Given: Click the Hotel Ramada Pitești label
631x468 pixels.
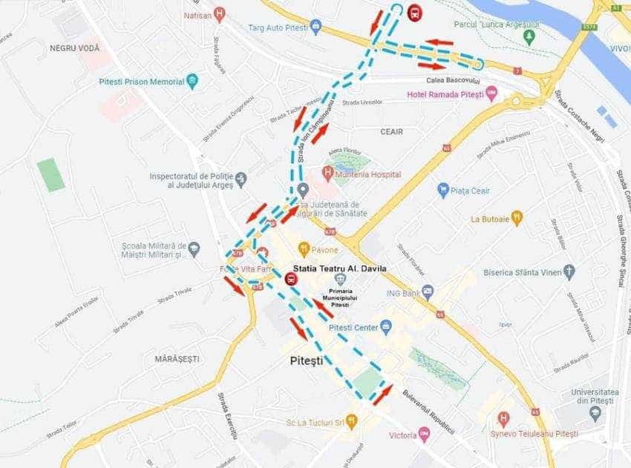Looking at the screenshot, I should pyautogui.click(x=446, y=94).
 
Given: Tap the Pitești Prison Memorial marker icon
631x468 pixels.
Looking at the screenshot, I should pyautogui.click(x=192, y=82).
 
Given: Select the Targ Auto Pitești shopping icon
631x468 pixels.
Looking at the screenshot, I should pyautogui.click(x=316, y=28).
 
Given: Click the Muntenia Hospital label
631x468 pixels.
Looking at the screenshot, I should pyautogui.click(x=368, y=174).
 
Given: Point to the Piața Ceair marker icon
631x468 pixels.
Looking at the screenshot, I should pyautogui.click(x=443, y=191).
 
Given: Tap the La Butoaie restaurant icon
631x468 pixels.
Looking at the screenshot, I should pyautogui.click(x=517, y=218).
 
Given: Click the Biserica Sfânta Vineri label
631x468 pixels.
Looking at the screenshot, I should pyautogui.click(x=519, y=272).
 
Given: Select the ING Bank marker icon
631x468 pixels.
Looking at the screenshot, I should pyautogui.click(x=427, y=291).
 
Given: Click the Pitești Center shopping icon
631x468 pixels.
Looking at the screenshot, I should pyautogui.click(x=385, y=326).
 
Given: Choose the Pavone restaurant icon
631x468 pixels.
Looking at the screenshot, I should pyautogui.click(x=304, y=249).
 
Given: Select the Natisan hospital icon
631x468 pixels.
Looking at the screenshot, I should pyautogui.click(x=219, y=14).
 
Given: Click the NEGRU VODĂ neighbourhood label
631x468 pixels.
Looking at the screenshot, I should pyautogui.click(x=74, y=47).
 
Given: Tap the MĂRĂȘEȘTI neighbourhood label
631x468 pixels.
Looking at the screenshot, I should pyautogui.click(x=177, y=358).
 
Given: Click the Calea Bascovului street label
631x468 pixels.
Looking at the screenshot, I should pyautogui.click(x=453, y=79).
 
